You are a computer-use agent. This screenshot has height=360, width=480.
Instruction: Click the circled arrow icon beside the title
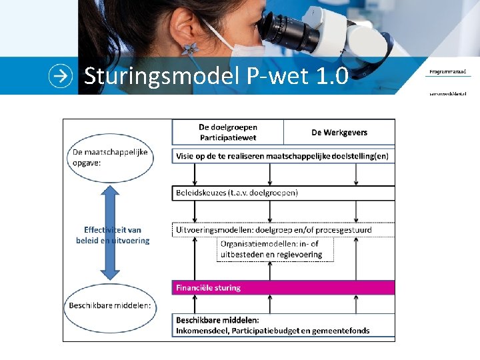(61, 76)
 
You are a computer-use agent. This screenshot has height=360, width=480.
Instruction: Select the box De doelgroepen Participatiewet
(228, 132)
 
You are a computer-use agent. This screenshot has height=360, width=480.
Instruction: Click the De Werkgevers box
(339, 132)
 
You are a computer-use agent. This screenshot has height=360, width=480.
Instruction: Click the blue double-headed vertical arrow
(111, 231)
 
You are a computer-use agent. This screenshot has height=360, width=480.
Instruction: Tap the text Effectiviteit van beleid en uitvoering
(112, 235)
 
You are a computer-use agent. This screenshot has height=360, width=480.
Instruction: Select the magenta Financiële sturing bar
(283, 288)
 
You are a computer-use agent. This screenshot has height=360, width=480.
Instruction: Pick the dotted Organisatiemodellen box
(275, 249)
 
